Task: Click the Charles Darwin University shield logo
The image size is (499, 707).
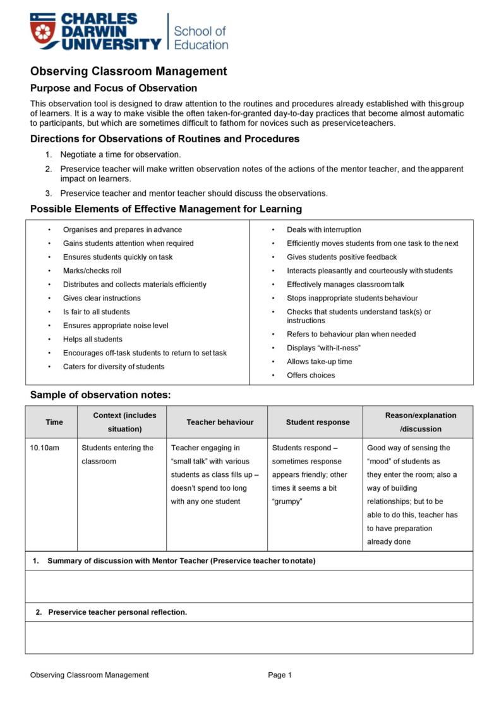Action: (x=44, y=32)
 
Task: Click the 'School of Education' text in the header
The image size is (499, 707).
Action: (x=200, y=37)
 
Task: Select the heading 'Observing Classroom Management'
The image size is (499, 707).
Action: (x=128, y=71)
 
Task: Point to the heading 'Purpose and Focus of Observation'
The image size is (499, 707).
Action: (x=114, y=88)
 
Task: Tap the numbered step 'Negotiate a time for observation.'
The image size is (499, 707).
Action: (x=120, y=154)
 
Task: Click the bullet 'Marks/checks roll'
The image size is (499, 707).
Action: (x=92, y=271)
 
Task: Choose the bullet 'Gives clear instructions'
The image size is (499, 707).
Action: (x=102, y=298)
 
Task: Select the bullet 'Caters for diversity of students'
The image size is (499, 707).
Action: (x=113, y=367)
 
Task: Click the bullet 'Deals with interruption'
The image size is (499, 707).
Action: (x=323, y=230)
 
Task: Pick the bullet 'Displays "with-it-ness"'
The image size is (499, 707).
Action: (x=323, y=348)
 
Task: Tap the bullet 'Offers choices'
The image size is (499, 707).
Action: (x=311, y=375)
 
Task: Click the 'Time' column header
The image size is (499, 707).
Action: (x=54, y=422)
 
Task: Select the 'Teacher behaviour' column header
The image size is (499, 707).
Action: (x=220, y=422)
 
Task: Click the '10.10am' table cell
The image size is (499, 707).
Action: (x=44, y=448)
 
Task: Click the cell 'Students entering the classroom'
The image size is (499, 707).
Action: (x=117, y=455)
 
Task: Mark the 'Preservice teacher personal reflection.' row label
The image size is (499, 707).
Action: (x=117, y=612)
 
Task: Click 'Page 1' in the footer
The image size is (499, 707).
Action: (x=280, y=675)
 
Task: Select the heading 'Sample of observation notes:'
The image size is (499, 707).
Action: (x=100, y=395)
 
